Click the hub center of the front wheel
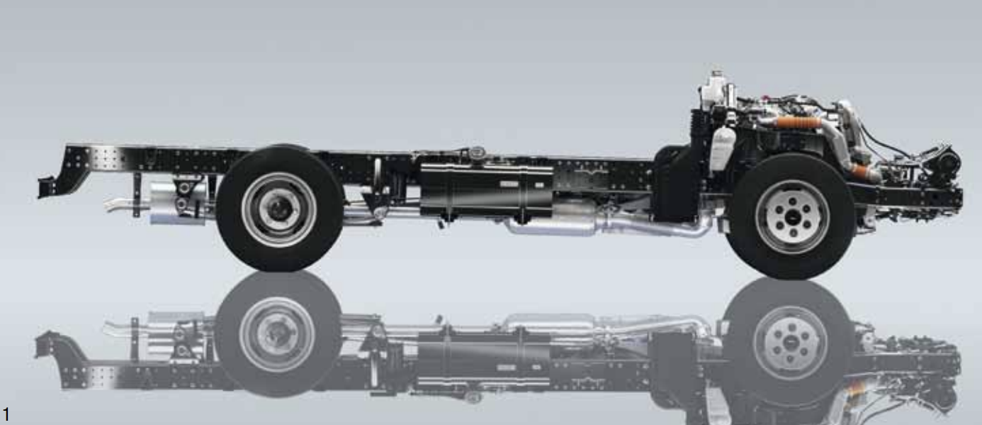tap(791, 216)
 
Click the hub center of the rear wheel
tap(279, 209)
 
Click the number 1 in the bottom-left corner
tap(6, 414)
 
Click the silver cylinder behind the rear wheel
tap(178, 204)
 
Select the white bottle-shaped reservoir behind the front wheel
tap(722, 149)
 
